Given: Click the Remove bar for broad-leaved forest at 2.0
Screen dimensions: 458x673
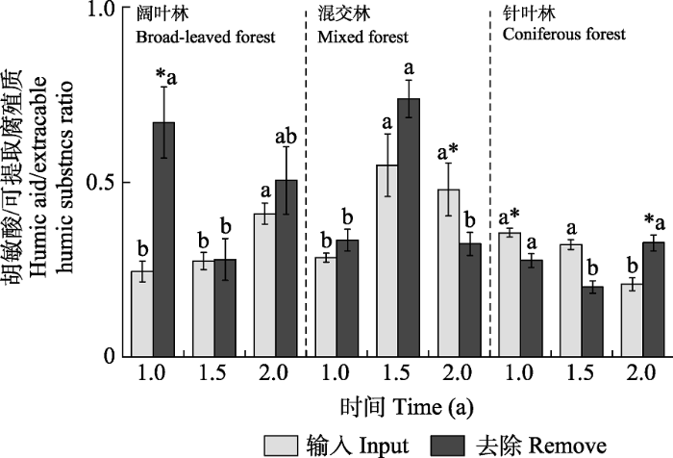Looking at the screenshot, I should point(287,268).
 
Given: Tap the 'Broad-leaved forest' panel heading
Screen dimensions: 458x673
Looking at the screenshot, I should point(205,38).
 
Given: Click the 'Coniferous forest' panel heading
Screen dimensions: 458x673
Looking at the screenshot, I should point(564,35).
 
